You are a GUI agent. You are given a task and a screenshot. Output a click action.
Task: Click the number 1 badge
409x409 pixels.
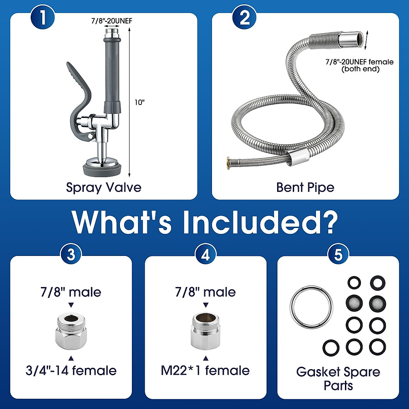pos(43,17)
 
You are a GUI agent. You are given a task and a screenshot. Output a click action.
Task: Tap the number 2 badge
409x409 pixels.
pos(244,17)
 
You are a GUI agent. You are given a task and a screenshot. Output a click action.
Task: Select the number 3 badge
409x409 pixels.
pos(71,254)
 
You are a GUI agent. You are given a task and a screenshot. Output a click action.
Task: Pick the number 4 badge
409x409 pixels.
pos(206,254)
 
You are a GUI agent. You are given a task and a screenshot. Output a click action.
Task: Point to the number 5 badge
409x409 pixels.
pos(338,254)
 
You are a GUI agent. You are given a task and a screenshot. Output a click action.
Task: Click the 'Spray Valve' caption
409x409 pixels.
pos(104,187)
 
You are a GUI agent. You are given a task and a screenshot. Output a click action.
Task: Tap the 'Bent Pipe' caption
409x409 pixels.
pos(305,187)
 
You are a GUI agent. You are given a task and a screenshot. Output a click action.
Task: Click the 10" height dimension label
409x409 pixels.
pos(139,102)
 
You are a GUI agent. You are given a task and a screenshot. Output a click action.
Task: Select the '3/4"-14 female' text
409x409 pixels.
pos(71,370)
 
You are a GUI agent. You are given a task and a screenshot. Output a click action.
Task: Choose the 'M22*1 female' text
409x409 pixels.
pos(205,370)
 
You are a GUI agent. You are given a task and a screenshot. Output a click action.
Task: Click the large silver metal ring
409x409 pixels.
pos(311,307)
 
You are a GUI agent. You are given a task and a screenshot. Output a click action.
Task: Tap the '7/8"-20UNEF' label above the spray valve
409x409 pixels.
pos(111,21)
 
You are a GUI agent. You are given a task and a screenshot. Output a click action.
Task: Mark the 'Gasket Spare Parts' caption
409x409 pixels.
pos(338,378)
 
